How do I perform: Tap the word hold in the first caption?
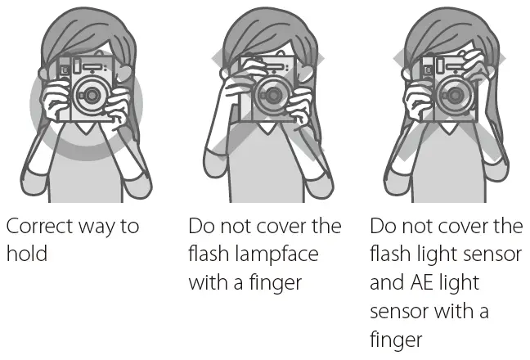[x=27, y=254]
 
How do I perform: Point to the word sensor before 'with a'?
[x=402, y=312]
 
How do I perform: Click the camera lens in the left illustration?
[x=91, y=96]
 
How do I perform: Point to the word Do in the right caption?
[x=382, y=226]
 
